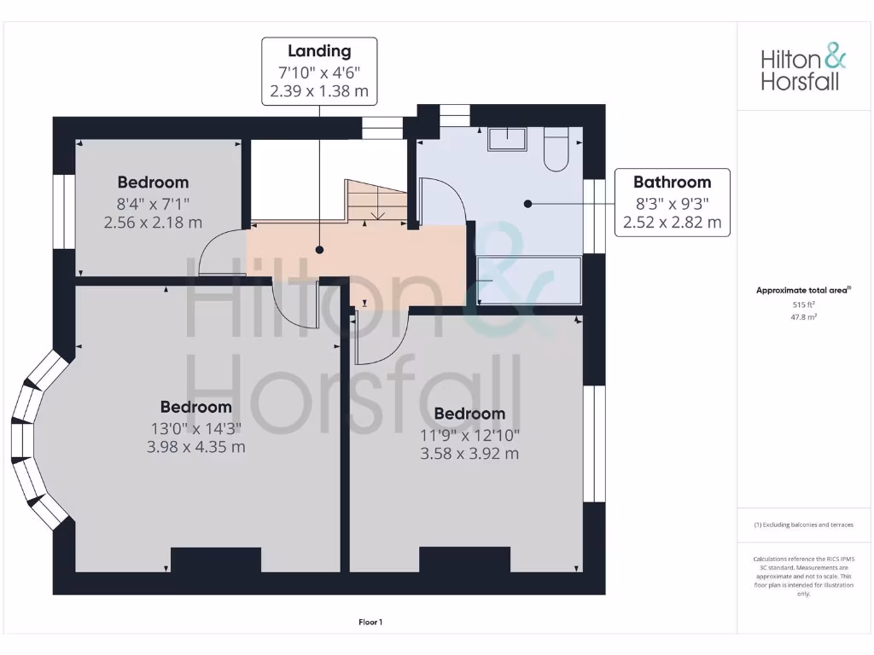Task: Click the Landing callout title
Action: (x=319, y=51)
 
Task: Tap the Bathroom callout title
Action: (x=672, y=182)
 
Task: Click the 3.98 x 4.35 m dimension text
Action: (x=195, y=447)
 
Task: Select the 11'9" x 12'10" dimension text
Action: (x=469, y=434)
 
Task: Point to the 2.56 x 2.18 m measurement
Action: (x=153, y=223)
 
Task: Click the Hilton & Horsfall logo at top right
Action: (x=803, y=69)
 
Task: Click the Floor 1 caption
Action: (x=370, y=623)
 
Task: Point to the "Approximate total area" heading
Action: (x=802, y=291)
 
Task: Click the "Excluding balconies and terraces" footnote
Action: (x=803, y=525)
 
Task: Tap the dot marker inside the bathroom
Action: (x=528, y=204)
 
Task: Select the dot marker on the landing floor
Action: (x=319, y=250)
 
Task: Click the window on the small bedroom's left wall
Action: (x=64, y=212)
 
